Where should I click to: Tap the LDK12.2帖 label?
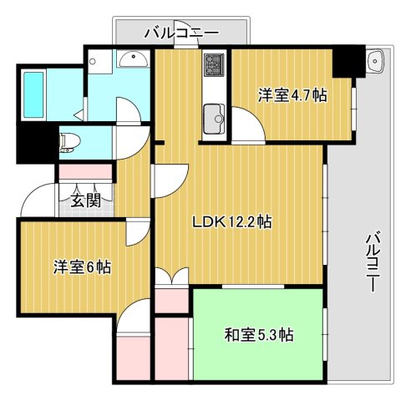[x=232, y=222]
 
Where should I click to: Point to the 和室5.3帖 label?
[x=258, y=335]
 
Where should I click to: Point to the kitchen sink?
[x=214, y=117]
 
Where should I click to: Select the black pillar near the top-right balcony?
[x=347, y=61]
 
